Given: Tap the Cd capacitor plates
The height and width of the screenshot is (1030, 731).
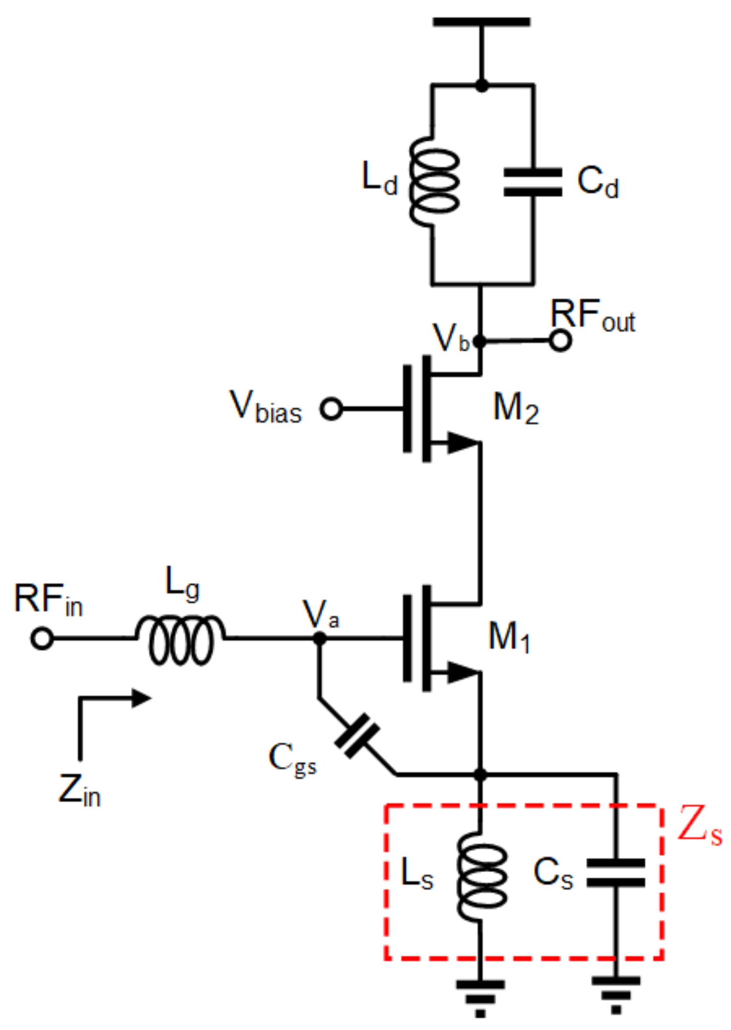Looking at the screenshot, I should pyautogui.click(x=533, y=182).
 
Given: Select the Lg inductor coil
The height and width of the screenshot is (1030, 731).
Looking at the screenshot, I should pyautogui.click(x=181, y=639).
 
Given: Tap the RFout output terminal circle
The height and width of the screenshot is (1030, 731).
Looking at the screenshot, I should pyautogui.click(x=561, y=341).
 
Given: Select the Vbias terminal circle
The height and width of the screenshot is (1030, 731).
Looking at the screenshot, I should pyautogui.click(x=331, y=409).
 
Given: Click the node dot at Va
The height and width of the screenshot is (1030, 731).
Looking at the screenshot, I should pyautogui.click(x=320, y=638).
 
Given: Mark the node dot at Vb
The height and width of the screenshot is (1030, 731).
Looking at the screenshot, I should pyautogui.click(x=480, y=342).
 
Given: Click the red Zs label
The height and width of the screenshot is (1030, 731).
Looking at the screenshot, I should pyautogui.click(x=700, y=826).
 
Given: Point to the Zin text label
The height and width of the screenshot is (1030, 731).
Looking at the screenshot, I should pyautogui.click(x=79, y=791).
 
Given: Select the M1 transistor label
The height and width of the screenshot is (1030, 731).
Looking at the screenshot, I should pyautogui.click(x=509, y=637).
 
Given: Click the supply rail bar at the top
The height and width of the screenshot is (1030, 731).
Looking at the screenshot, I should pyautogui.click(x=481, y=22).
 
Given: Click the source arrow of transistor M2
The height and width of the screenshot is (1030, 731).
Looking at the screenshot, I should pyautogui.click(x=462, y=443).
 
